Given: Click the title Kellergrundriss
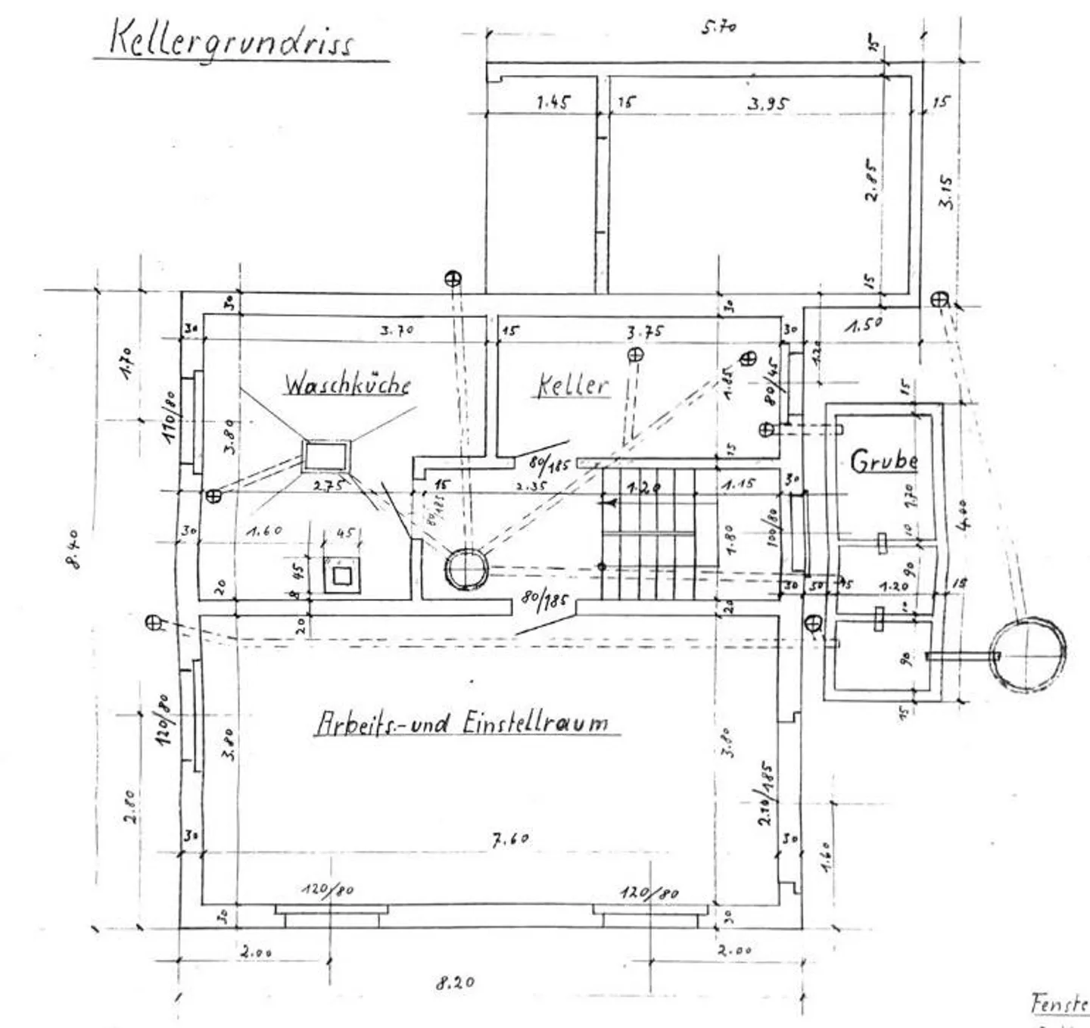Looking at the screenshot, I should point(231,39).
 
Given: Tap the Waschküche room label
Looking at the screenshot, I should point(347,384).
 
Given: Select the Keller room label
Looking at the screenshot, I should point(572,385).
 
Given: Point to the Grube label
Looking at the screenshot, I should point(883,461).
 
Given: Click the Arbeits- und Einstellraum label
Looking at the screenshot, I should point(462,722).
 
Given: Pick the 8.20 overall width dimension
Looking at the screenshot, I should point(455,983).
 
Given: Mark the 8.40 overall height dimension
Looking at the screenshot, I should point(73,549).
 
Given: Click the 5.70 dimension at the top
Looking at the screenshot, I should point(718,27).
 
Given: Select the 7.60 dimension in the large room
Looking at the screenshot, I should point(511,839).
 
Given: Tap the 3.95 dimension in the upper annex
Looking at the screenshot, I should point(768,104).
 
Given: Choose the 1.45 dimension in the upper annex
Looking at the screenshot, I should point(553,101).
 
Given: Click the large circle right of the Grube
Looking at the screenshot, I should point(1027,655).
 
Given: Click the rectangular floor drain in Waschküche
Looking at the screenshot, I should point(326,457).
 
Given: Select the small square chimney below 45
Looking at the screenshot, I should point(342,575).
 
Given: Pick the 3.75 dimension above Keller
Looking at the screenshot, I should point(645,332).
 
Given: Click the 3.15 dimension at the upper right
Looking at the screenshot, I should point(945,192).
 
